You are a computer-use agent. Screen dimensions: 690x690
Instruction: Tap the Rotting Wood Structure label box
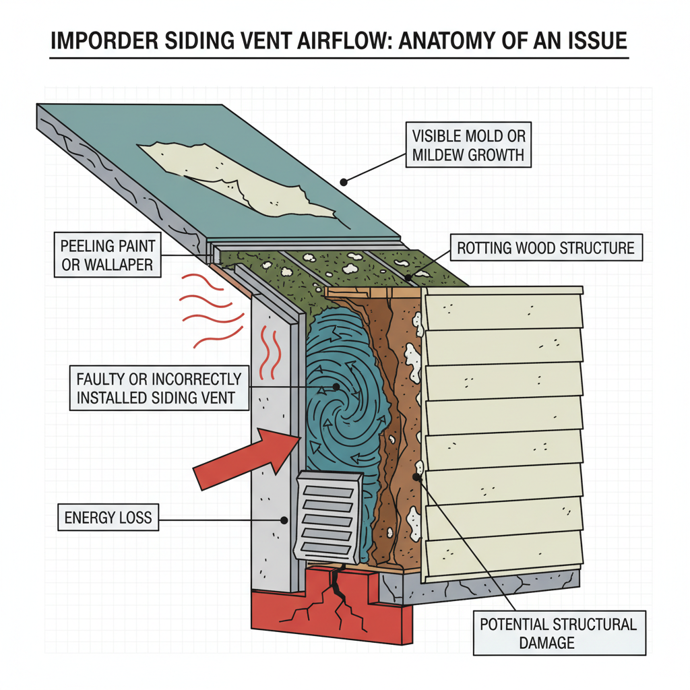click(546, 248)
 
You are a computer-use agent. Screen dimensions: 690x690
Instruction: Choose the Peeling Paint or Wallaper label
click(107, 254)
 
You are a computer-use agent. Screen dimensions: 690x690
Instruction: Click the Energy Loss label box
click(108, 518)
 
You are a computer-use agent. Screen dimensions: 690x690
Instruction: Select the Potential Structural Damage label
click(559, 633)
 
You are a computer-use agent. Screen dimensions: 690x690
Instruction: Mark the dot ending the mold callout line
click(344, 181)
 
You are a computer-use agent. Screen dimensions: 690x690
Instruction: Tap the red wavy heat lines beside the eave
click(209, 310)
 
